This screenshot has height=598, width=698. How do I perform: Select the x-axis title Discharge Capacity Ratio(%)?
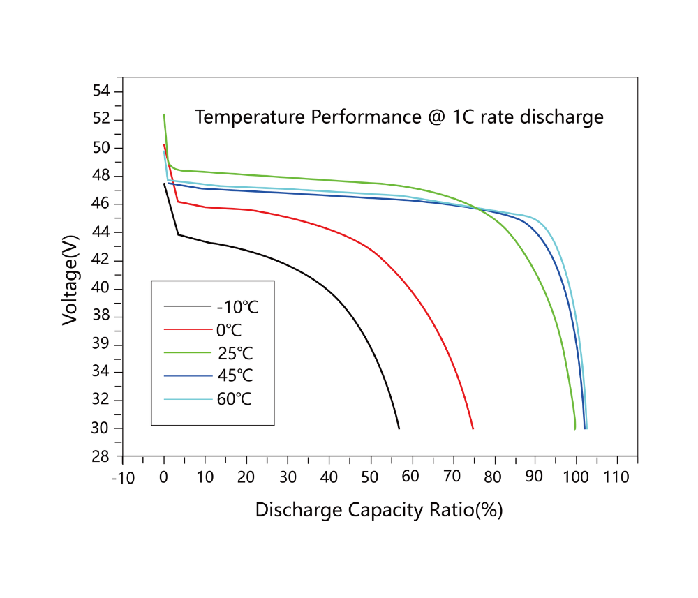tap(379, 510)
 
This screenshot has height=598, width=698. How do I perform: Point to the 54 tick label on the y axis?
tap(102, 91)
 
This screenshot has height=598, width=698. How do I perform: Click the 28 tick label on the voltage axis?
tap(102, 456)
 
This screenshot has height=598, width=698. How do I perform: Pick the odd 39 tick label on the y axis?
tap(102, 345)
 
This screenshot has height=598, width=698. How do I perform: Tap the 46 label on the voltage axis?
tap(102, 204)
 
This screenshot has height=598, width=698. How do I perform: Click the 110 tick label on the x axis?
tap(616, 478)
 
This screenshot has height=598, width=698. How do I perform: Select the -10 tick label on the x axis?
tap(122, 478)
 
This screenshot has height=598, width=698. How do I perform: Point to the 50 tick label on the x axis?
tap(370, 478)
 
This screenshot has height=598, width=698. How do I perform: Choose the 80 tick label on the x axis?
tap(493, 478)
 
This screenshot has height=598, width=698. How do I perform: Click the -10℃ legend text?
tap(238, 306)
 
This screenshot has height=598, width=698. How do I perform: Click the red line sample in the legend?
tap(187, 329)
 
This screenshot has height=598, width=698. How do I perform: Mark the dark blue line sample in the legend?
tap(187, 376)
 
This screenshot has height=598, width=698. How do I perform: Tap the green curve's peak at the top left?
tap(164, 115)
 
